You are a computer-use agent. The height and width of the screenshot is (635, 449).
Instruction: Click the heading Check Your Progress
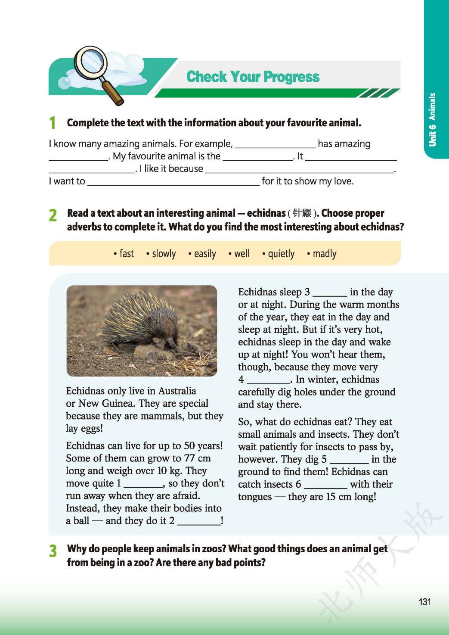coord(253,77)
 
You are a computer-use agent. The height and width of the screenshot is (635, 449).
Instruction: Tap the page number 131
coord(424,602)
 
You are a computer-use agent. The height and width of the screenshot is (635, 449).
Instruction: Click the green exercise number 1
coord(52,123)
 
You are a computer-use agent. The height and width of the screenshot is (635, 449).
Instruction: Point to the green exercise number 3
coord(53,551)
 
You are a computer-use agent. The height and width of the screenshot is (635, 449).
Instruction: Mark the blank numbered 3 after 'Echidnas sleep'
coord(330,293)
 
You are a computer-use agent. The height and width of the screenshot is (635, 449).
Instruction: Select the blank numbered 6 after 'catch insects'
coord(325,485)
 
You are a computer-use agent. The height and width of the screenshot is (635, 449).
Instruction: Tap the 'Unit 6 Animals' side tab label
coord(432,120)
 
